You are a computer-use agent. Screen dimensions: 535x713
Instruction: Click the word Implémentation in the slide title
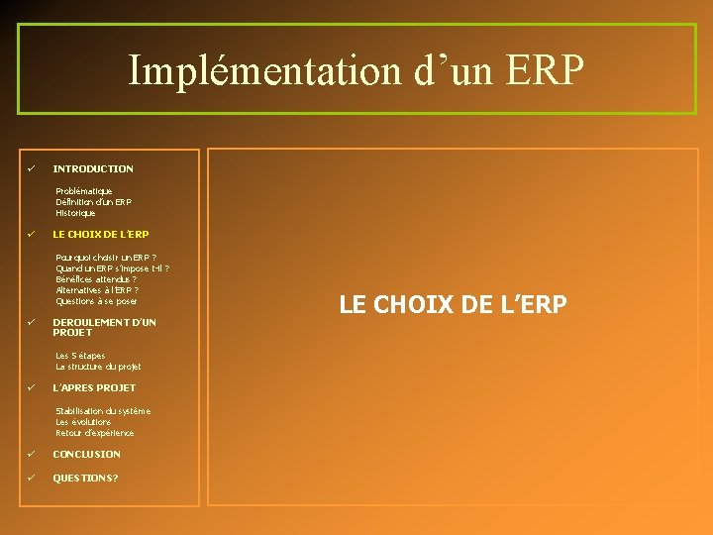[x=262, y=70]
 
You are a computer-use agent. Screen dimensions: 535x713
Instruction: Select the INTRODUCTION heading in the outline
[x=93, y=169]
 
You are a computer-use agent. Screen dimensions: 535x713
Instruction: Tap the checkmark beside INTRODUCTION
[x=32, y=168]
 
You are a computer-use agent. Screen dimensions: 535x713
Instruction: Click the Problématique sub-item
[x=84, y=191]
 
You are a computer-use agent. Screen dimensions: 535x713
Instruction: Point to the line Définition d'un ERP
[x=94, y=202]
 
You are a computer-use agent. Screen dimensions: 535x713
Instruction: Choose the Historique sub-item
[x=76, y=213]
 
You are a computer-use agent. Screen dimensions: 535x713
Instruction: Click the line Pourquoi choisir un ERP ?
[x=106, y=258]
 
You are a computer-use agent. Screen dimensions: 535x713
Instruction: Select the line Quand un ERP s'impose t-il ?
[x=112, y=268]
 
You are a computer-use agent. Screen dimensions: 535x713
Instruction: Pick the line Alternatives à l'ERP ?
[x=97, y=290]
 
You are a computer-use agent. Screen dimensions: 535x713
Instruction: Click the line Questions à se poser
[x=96, y=301]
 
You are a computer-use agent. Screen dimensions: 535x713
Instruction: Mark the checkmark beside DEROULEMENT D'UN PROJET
[x=32, y=322]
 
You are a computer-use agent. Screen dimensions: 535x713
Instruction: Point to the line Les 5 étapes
[x=80, y=356]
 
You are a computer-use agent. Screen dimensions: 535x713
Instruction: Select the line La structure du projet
[x=98, y=367]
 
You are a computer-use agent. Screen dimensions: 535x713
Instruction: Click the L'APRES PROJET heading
[x=94, y=388]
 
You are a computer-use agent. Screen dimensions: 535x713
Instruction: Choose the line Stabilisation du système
[x=103, y=411]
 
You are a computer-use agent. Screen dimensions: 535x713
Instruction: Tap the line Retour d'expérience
[x=95, y=433]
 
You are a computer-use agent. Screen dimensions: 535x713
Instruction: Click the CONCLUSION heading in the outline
[x=87, y=455]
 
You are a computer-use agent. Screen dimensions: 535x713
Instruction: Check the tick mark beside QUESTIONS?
[x=32, y=478]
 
